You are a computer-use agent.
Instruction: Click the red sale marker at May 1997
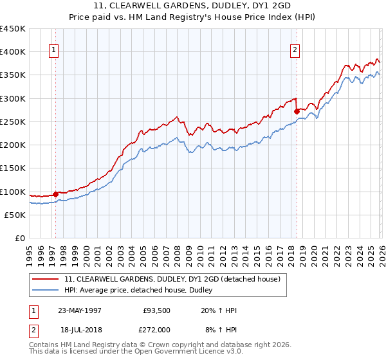[56, 194]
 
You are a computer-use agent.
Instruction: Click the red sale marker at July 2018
[297, 111]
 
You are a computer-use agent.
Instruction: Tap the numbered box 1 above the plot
[53, 51]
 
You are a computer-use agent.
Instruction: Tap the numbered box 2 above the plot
[295, 51]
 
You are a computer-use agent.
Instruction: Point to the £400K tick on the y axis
[13, 52]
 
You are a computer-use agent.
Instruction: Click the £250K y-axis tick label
[13, 122]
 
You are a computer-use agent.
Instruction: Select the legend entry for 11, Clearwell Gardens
[172, 280]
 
